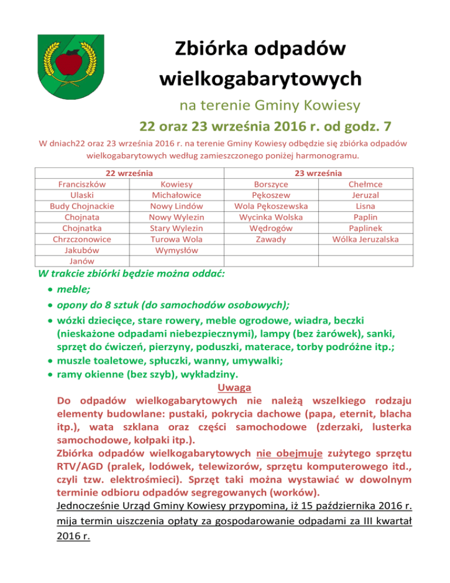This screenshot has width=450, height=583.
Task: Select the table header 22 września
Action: click(x=129, y=173)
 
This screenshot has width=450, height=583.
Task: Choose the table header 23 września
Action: click(x=319, y=173)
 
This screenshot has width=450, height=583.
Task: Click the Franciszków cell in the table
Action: click(x=82, y=184)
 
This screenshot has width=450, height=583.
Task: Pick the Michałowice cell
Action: click(x=176, y=195)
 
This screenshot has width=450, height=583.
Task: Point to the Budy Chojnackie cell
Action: click(x=82, y=206)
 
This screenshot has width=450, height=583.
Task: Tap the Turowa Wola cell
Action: click(x=176, y=239)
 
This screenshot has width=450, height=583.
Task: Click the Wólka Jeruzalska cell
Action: click(x=365, y=239)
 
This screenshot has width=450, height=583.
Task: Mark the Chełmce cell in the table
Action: click(x=365, y=184)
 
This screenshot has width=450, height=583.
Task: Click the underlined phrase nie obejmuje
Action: click(x=286, y=453)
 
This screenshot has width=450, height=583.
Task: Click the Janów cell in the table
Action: click(x=82, y=261)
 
